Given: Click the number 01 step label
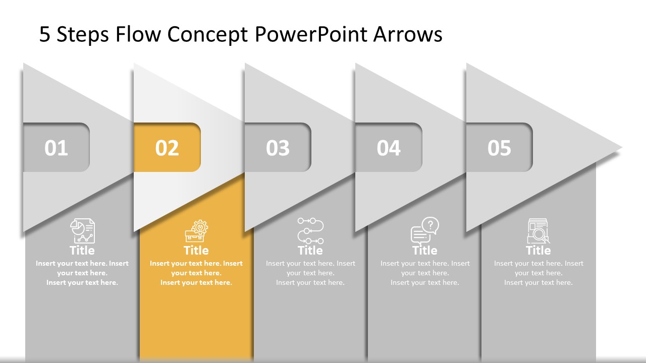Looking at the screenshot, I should (56, 148).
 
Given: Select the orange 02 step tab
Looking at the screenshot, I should (167, 148).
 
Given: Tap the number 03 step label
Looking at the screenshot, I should (278, 148).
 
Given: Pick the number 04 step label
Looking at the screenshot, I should (389, 148).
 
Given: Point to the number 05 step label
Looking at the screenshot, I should (499, 148).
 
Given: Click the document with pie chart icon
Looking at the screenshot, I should (82, 231).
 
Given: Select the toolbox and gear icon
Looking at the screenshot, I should (196, 231).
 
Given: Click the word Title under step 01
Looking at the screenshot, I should (82, 251).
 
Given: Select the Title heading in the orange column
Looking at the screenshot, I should (196, 251).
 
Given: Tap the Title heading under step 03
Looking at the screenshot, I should (310, 251).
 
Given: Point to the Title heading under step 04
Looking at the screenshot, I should (424, 251).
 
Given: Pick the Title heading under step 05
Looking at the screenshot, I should (538, 251).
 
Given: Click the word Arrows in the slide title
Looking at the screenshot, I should (408, 35).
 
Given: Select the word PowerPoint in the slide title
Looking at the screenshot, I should (311, 35).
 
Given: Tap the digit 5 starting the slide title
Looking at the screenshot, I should (45, 35).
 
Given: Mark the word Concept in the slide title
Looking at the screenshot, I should (207, 35).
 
